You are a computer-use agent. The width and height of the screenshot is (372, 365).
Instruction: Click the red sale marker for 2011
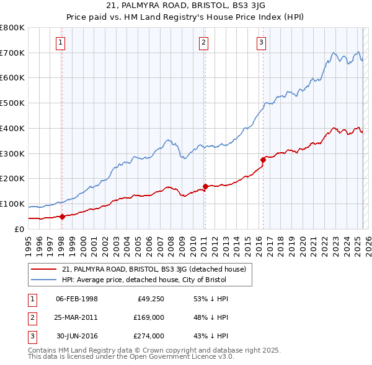[205, 186]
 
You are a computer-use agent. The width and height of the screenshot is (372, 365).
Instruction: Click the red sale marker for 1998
[62, 217]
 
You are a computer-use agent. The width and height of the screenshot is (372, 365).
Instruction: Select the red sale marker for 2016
[263, 160]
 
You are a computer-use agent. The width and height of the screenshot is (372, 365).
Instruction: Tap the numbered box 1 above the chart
[61, 43]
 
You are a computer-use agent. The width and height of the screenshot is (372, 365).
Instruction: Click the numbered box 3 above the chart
[262, 43]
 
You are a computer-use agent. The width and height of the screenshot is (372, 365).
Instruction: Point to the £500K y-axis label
[12, 103]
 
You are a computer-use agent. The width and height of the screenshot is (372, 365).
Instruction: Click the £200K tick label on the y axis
[12, 178]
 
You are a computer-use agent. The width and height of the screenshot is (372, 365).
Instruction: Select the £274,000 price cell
[148, 336]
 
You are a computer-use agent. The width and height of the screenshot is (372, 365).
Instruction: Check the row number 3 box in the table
[31, 336]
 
